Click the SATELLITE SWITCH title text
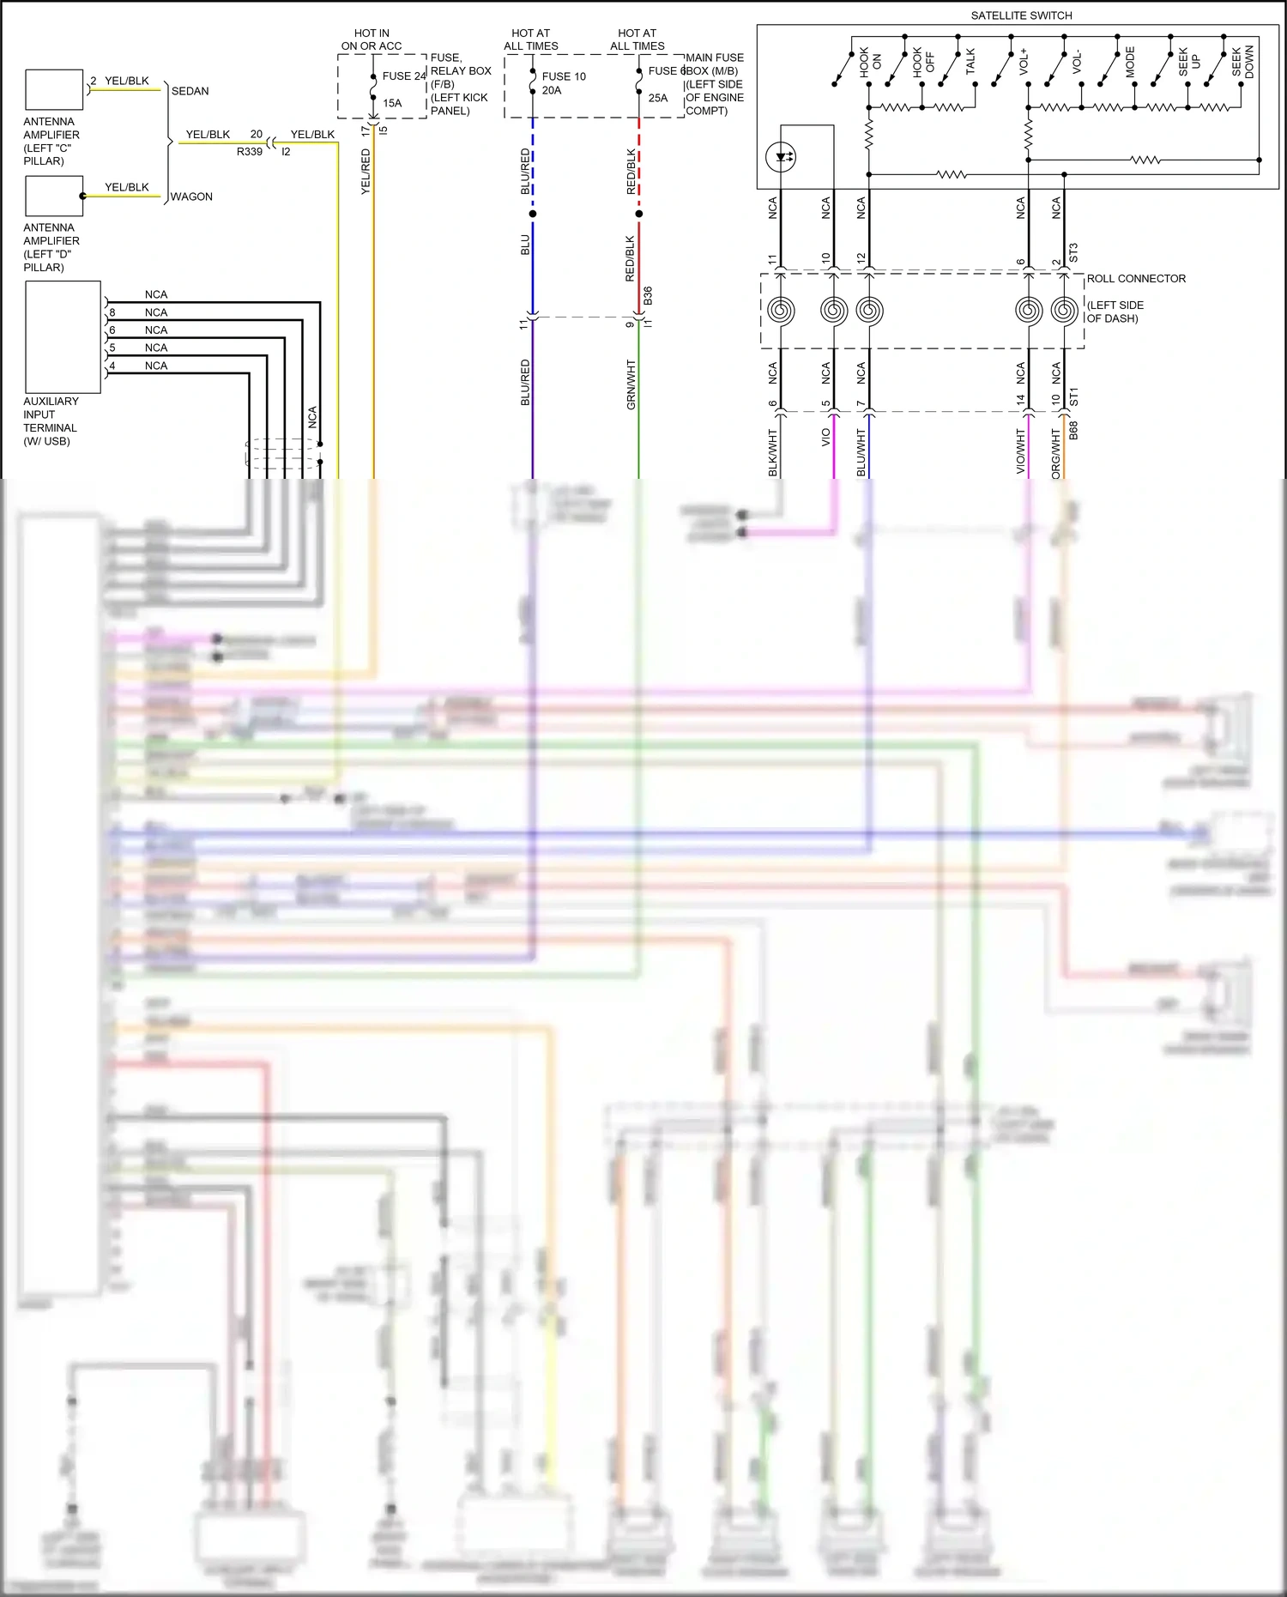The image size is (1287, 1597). (x=1021, y=15)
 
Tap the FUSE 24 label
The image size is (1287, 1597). (x=403, y=76)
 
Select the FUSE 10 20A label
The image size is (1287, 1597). (x=563, y=83)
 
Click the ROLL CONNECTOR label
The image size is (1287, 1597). (x=1136, y=279)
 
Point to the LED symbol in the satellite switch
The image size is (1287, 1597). (x=781, y=157)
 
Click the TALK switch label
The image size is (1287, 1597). (x=970, y=62)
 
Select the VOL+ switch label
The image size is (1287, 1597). (x=1024, y=62)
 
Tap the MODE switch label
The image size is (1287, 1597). (x=1130, y=62)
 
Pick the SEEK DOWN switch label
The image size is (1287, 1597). (x=1242, y=62)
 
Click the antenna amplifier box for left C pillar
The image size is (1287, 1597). (x=54, y=90)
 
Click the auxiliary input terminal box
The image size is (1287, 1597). (x=63, y=336)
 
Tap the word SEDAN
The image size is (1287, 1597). (x=190, y=91)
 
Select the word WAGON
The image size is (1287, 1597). (x=191, y=197)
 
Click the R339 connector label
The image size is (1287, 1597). (x=250, y=152)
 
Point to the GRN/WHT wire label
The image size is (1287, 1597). (x=631, y=384)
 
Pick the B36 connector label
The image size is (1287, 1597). (x=648, y=295)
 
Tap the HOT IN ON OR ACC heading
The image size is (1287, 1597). (x=372, y=39)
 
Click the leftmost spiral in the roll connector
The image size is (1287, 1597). (x=780, y=310)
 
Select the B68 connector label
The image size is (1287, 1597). (x=1073, y=431)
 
